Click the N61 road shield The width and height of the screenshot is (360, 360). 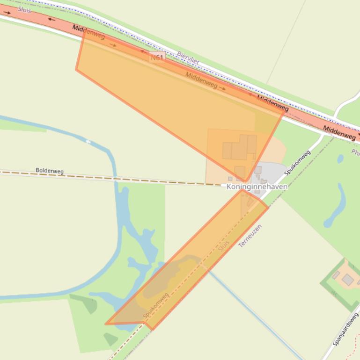pyautogui.click(x=157, y=57)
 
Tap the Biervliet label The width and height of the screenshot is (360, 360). pyautogui.click(x=188, y=58)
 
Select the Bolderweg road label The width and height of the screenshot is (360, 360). pyautogui.click(x=50, y=171)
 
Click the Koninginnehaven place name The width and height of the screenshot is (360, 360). pyautogui.click(x=257, y=187)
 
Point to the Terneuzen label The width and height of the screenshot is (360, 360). pyautogui.click(x=250, y=236)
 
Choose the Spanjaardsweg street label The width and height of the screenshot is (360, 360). pyautogui.click(x=346, y=329)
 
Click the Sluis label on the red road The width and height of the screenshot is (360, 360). pyautogui.click(x=24, y=9)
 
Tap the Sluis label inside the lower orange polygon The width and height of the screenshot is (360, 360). pyautogui.click(x=224, y=246)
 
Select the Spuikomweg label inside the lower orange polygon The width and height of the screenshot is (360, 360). pyautogui.click(x=156, y=306)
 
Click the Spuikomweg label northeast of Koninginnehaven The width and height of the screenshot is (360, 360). pyautogui.click(x=297, y=163)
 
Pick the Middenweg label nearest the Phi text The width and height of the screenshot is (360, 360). pyautogui.click(x=339, y=133)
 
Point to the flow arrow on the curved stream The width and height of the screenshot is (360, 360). pyautogui.click(x=88, y=142)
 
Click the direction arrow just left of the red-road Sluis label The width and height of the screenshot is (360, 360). pyautogui.click(x=7, y=13)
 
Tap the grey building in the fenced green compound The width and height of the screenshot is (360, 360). pyautogui.click(x=347, y=280)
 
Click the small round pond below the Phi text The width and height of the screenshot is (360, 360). pyautogui.click(x=340, y=159)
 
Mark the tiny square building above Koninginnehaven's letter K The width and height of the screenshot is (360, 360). pyautogui.click(x=230, y=179)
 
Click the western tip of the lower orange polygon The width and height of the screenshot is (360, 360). pyautogui.click(x=106, y=324)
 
